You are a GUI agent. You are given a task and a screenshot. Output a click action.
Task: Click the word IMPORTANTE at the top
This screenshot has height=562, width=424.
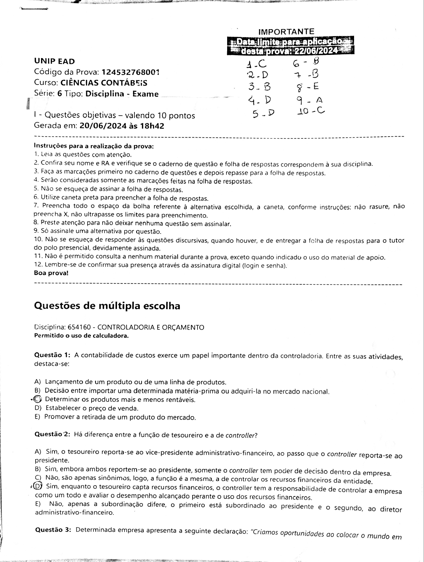point(286,32)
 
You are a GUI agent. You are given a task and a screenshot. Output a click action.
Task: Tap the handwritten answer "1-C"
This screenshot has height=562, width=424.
point(256,64)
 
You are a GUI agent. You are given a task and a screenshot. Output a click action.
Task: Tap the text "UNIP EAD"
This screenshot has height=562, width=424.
point(54,61)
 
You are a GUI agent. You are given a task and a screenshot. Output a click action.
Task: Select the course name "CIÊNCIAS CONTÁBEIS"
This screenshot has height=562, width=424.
point(104,83)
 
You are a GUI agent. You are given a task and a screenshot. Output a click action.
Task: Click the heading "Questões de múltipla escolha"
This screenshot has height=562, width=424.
point(107,306)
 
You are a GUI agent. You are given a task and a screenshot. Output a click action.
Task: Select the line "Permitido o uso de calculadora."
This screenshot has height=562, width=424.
point(81,336)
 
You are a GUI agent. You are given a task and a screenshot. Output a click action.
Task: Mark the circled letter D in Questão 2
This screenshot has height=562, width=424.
point(38,486)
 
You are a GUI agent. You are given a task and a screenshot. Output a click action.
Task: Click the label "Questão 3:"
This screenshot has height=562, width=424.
point(53,530)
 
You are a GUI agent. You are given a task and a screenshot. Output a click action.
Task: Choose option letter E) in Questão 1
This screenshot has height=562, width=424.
point(37,417)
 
